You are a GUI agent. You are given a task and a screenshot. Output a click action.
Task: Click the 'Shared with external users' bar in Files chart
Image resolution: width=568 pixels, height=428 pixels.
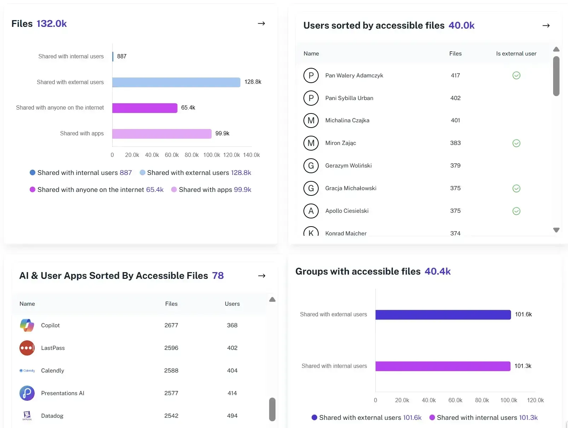[x=176, y=82]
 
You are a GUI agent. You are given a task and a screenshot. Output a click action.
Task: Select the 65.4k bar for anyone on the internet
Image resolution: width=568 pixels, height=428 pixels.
[x=145, y=108]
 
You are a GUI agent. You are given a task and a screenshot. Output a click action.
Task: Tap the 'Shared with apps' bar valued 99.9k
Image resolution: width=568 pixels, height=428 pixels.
[x=162, y=134]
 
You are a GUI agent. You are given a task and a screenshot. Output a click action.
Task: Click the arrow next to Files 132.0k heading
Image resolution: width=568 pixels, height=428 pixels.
[x=261, y=24]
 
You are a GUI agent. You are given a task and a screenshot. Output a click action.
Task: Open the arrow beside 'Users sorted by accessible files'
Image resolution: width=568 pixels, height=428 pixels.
[x=546, y=25]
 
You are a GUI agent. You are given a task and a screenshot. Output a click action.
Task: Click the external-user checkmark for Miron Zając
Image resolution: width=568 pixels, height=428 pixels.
[x=516, y=143]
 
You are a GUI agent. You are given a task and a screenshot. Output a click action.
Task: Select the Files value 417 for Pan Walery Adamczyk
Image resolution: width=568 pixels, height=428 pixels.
[x=455, y=75]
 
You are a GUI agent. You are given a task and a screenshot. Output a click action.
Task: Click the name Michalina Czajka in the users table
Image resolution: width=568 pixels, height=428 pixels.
[x=347, y=121]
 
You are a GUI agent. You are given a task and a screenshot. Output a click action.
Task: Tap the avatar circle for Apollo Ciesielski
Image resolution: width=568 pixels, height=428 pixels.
[x=311, y=211]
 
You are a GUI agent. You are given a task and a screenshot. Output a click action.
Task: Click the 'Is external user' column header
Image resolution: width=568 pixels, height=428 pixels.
[x=516, y=54]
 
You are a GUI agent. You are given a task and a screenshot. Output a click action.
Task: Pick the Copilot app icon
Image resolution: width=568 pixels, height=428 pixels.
[x=27, y=325]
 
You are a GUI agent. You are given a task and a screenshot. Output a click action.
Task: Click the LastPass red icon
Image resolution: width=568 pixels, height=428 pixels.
[x=27, y=348]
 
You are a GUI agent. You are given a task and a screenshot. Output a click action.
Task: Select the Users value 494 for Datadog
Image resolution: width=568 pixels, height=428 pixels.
[x=232, y=416]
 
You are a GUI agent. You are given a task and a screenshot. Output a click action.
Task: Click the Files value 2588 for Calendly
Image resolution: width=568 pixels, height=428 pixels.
[x=171, y=370]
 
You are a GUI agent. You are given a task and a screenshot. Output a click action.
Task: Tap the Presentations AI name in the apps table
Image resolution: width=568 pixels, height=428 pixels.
[x=63, y=393]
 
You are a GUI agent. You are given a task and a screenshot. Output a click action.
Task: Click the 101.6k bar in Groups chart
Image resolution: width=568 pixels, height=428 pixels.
[x=443, y=315]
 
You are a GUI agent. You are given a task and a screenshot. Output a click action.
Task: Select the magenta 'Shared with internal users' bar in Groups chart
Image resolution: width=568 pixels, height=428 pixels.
[x=442, y=366]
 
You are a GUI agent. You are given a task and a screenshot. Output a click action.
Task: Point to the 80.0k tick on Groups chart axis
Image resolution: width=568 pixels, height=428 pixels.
[x=482, y=400]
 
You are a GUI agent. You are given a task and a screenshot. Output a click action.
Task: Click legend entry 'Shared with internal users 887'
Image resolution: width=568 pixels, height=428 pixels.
[x=81, y=172]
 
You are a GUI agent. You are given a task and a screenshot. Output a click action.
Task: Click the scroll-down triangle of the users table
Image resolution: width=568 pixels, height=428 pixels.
[x=556, y=230]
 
